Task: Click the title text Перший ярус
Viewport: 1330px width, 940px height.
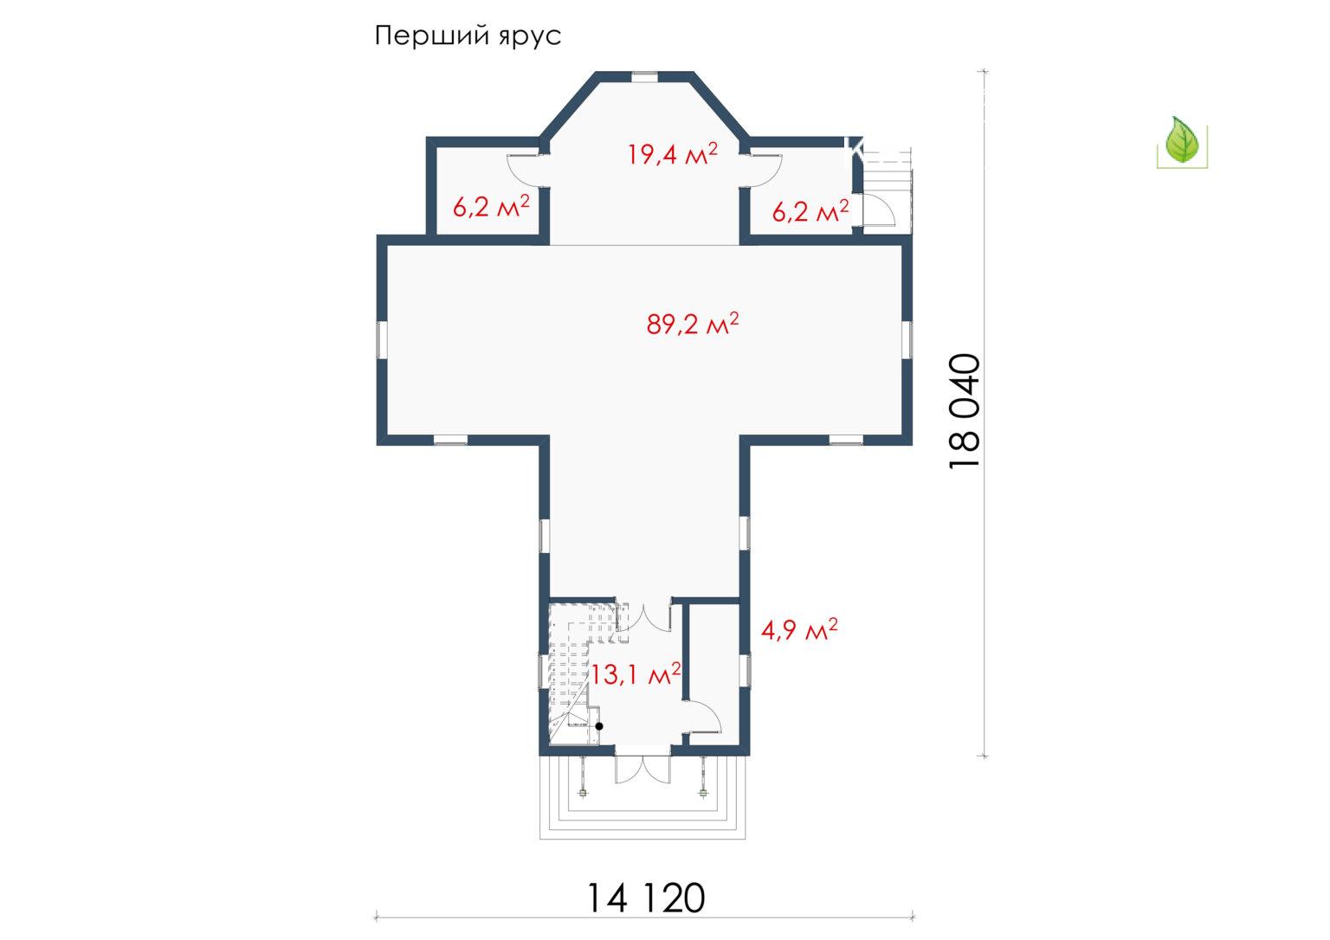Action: [x=468, y=36]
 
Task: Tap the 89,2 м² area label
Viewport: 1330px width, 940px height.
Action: [x=693, y=324]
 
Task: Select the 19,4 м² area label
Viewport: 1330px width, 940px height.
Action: [x=673, y=154]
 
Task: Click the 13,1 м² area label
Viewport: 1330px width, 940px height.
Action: [x=635, y=674]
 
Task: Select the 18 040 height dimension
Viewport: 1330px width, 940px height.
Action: [x=964, y=412]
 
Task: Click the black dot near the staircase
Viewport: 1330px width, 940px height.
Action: [x=599, y=726]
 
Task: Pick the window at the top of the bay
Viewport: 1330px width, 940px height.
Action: [x=644, y=76]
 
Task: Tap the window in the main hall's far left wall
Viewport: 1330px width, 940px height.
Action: [x=383, y=339]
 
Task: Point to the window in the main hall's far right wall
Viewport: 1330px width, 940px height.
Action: [x=907, y=339]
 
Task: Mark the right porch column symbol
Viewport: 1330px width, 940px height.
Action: [x=704, y=792]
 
